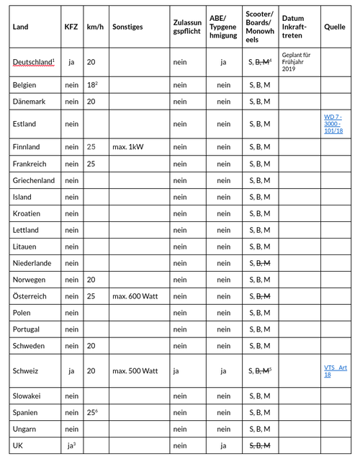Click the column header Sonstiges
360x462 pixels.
coord(127,27)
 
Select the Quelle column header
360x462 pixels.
coord(335,27)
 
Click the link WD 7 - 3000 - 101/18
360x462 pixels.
coord(333,124)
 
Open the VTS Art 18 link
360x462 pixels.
coord(336,370)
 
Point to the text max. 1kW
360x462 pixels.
coord(129,147)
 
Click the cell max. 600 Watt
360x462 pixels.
coord(134,296)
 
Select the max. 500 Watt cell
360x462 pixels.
coord(134,371)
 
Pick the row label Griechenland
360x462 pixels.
coord(33,180)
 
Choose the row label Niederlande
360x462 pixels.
coord(32,263)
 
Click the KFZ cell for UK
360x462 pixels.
coord(71,445)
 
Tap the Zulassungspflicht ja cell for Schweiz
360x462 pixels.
coord(177,371)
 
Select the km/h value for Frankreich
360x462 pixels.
coord(91,164)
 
